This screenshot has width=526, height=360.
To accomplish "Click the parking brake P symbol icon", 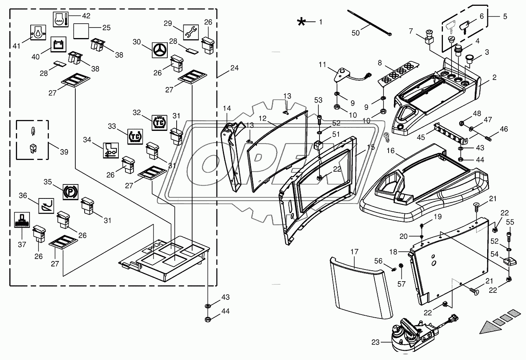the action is click(x=70, y=192).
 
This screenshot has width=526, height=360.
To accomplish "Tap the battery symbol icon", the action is click(x=59, y=44).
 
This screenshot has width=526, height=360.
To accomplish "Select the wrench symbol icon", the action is click(x=191, y=32).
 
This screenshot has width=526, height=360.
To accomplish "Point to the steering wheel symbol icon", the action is click(x=160, y=50).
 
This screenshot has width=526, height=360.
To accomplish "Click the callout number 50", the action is click(x=356, y=33).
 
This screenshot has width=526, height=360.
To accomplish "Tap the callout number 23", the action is click(x=375, y=343).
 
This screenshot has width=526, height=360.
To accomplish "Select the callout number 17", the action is click(x=354, y=252).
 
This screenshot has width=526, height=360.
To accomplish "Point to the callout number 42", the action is click(x=86, y=16).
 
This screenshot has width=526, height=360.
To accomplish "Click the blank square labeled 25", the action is click(x=81, y=31).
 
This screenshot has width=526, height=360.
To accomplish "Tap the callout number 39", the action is click(x=64, y=152).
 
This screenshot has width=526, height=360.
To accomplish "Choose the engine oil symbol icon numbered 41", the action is click(x=38, y=33).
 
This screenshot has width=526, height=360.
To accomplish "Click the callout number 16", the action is click(x=391, y=150).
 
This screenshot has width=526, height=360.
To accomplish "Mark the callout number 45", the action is click(x=421, y=137).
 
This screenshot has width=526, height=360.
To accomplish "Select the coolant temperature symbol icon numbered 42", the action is click(x=61, y=19).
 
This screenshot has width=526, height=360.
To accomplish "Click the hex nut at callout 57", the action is click(x=401, y=266).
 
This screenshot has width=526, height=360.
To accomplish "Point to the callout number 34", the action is click(x=87, y=139).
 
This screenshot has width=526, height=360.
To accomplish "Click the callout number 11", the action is click(x=323, y=64).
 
